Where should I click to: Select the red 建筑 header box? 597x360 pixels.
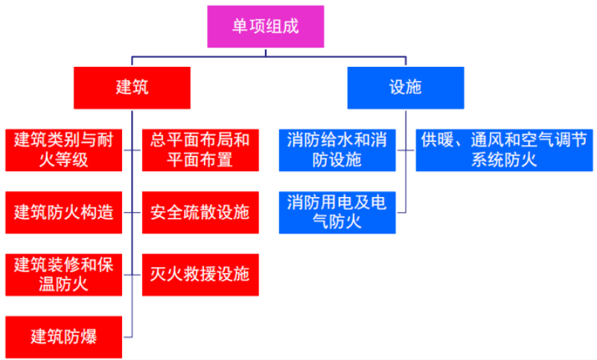[x=132, y=87]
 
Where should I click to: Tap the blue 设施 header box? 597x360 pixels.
[x=406, y=87]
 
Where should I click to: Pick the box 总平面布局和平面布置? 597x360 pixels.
[x=199, y=149]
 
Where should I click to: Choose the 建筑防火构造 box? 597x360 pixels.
[x=63, y=211]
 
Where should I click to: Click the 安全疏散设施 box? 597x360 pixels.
[x=199, y=211]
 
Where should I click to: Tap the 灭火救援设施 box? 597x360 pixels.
[x=199, y=274]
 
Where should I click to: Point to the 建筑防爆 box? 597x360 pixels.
[x=63, y=336]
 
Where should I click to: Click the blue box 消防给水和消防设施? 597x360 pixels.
[x=337, y=149]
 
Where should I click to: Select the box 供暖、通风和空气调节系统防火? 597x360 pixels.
[x=504, y=149]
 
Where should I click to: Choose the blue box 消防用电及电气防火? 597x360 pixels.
[x=337, y=211]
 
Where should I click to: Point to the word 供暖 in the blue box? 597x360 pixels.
[x=436, y=139]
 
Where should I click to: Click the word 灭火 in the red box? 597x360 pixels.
[x=166, y=274]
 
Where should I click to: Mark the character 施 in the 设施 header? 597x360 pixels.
[x=414, y=87]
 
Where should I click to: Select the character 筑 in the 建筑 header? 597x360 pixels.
[x=140, y=87]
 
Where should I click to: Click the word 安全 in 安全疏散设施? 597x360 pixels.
[x=166, y=211]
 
